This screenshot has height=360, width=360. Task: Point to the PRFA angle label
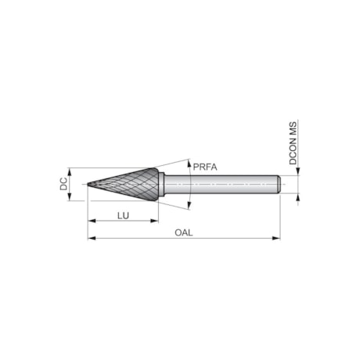(204, 166)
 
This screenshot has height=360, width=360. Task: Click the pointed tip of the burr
(88, 185)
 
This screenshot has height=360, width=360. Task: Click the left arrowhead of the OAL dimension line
(91, 238)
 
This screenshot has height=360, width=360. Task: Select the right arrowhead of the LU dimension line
(151, 221)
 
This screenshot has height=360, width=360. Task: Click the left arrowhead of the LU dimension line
(91, 221)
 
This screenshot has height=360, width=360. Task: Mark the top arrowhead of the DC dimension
(70, 171)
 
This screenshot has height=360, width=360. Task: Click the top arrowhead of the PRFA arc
(190, 162)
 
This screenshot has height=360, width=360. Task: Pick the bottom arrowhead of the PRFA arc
(190, 208)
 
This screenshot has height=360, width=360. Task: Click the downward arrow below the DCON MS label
(297, 173)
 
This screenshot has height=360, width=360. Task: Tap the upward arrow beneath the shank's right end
(297, 197)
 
